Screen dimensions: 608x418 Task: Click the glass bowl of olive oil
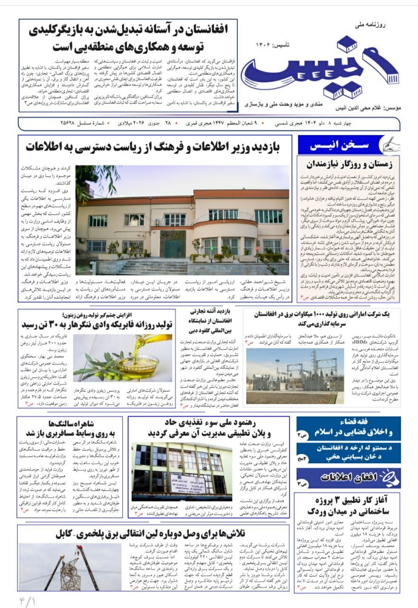pos(137,366)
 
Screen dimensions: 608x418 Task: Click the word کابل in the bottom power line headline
pos(66,533)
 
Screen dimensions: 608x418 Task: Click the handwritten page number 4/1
pos(28,599)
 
